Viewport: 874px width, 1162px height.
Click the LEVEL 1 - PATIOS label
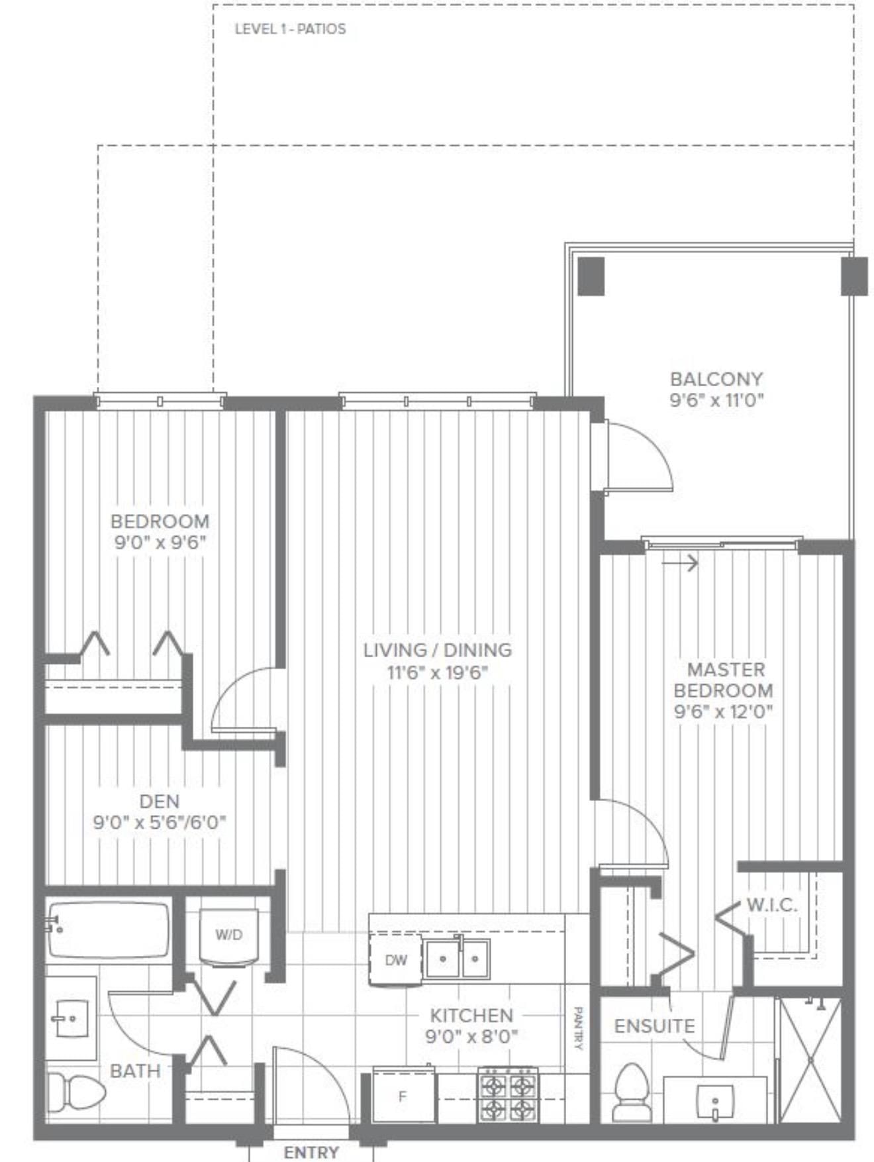pyautogui.click(x=290, y=29)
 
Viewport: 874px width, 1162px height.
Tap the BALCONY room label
pyautogui.click(x=716, y=379)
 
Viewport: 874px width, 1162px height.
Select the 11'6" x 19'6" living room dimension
pyautogui.click(x=438, y=673)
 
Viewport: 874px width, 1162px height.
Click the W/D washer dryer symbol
pyautogui.click(x=228, y=935)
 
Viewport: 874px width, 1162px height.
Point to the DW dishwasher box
pyautogui.click(x=395, y=960)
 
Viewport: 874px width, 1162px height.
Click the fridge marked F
pyautogui.click(x=402, y=1096)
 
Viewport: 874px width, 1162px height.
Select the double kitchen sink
pyautogui.click(x=457, y=958)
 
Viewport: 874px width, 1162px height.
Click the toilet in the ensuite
pyautogui.click(x=630, y=1093)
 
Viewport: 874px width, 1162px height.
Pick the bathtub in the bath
pyautogui.click(x=109, y=929)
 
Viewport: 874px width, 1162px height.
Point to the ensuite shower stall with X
pyautogui.click(x=810, y=1060)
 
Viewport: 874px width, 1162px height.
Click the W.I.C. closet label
pyautogui.click(x=771, y=905)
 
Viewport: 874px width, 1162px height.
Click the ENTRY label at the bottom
pyautogui.click(x=311, y=1152)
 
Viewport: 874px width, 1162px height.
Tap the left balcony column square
pyautogui.click(x=591, y=276)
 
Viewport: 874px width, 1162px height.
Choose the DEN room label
pyautogui.click(x=160, y=801)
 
